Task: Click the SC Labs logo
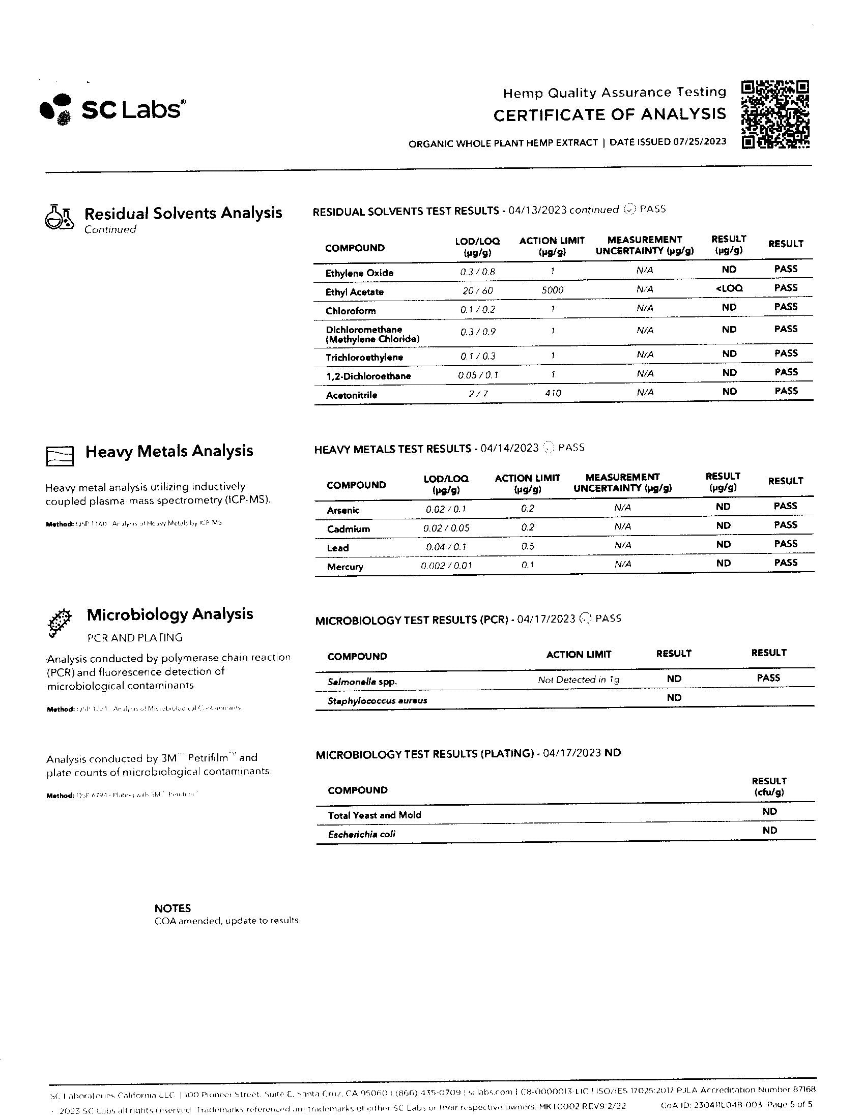point(112,109)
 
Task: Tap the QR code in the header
point(775,114)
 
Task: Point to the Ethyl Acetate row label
point(355,292)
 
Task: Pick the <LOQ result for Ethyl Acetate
point(729,288)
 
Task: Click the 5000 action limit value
point(552,290)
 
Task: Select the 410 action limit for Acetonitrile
point(553,393)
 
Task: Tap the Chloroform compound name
point(351,311)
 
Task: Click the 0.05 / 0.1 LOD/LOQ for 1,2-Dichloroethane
point(478,375)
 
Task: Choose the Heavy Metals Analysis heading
point(169,451)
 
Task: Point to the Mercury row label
point(345,567)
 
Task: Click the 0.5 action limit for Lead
point(527,546)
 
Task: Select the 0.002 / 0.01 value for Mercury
point(446,566)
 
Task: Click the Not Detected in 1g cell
point(578,680)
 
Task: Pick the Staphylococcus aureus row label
point(377,700)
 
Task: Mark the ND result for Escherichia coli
point(769,830)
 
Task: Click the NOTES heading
point(172,908)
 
